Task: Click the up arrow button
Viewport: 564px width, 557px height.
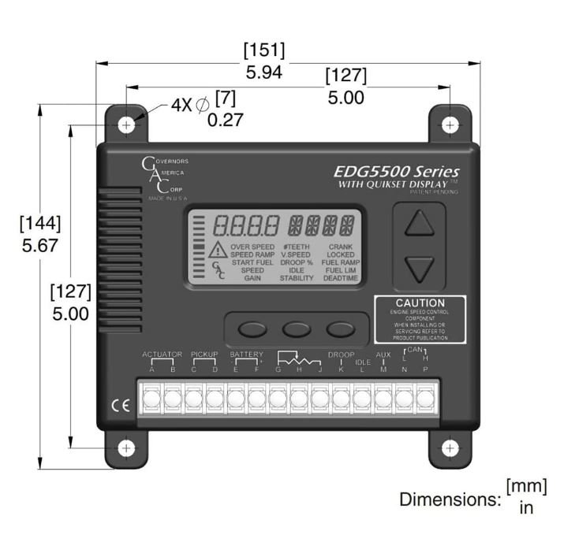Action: tap(420, 224)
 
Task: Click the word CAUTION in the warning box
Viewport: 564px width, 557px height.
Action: tap(420, 303)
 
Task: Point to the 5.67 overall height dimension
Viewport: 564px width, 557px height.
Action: tap(39, 245)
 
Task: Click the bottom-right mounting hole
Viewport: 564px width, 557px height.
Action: tap(450, 448)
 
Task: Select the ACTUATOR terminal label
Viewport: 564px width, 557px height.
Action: tap(162, 355)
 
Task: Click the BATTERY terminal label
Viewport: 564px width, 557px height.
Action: tap(246, 355)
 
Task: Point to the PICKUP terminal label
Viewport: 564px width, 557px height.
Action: tap(204, 355)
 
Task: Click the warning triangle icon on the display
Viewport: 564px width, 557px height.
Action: tap(218, 251)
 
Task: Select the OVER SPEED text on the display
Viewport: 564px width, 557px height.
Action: tap(253, 247)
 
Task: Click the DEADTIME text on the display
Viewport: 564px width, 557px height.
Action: tap(341, 278)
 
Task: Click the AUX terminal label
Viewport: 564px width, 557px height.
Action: tap(383, 355)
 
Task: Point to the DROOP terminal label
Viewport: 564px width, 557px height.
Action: tap(341, 355)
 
